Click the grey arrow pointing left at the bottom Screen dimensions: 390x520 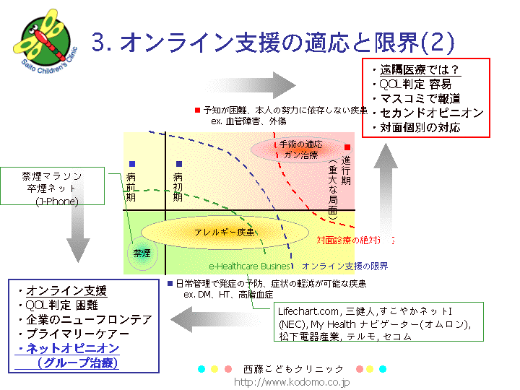point(217,316)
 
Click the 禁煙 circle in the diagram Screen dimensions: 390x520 point(142,253)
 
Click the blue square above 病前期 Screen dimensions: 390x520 point(131,164)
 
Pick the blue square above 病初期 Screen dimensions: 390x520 point(179,164)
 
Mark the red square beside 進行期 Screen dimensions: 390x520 point(347,147)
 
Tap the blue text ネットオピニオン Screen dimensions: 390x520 point(73,348)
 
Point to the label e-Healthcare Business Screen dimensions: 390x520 point(249,266)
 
